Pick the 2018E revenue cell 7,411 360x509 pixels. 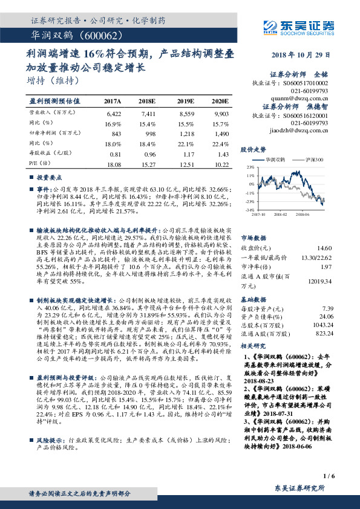[148, 113]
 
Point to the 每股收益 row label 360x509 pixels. [46, 154]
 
